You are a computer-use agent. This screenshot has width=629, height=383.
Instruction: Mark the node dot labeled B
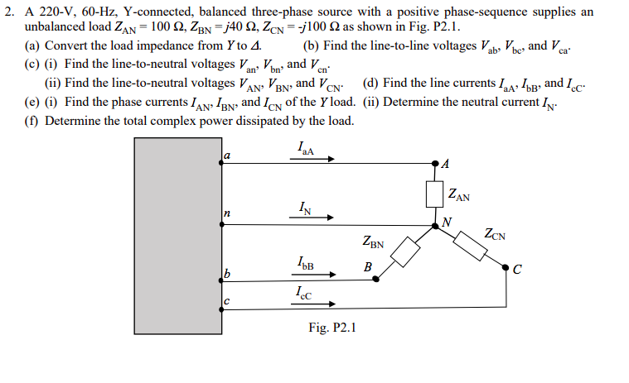tap(377, 280)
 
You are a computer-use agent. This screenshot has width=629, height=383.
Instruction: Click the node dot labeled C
tap(506, 266)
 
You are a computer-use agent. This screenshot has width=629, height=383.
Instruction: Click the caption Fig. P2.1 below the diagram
tap(331, 328)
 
